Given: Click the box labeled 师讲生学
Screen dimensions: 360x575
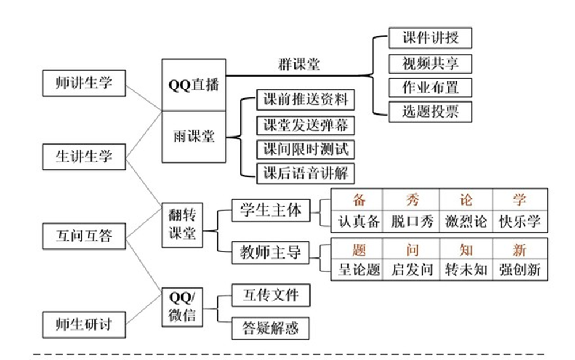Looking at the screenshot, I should click(x=84, y=83).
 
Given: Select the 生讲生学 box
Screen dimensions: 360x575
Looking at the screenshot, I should click(x=84, y=156).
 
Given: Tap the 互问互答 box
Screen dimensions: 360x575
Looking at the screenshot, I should click(x=84, y=235).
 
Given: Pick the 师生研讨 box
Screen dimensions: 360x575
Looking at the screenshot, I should click(x=84, y=324).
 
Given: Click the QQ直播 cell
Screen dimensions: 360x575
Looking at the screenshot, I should click(x=194, y=85).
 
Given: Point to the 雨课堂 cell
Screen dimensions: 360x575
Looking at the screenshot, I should click(x=194, y=137).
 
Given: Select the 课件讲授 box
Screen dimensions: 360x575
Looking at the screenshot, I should click(x=430, y=38).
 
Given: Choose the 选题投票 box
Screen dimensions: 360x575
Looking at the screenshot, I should click(x=430, y=111).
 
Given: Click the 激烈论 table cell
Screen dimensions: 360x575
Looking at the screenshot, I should click(x=466, y=221).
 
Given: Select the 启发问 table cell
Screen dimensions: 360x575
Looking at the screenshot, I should click(x=412, y=270).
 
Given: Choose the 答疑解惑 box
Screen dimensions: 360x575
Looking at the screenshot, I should click(x=266, y=328).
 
